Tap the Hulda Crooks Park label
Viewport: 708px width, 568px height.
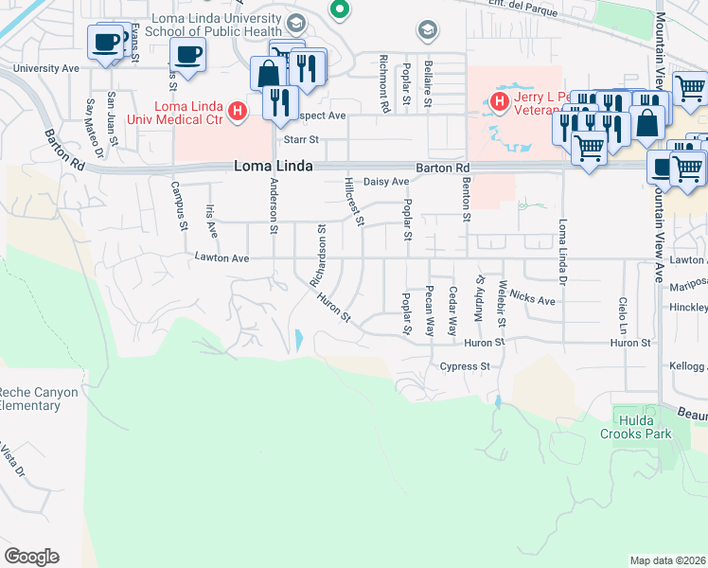641,427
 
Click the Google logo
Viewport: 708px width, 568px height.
31,557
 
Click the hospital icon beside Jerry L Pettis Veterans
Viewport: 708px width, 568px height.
496,98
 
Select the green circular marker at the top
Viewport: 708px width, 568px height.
339,10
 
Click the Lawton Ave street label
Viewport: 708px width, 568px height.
221,257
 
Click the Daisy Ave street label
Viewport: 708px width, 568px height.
386,182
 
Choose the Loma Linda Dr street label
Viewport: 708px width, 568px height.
565,240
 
